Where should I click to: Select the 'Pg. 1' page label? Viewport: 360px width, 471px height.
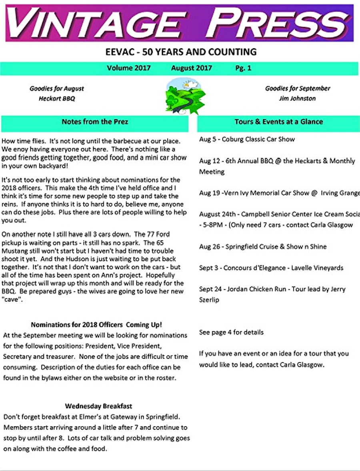(x=243, y=68)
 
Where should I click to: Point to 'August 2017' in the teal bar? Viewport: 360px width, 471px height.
(x=192, y=68)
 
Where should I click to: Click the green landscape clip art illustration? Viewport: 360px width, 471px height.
(x=185, y=96)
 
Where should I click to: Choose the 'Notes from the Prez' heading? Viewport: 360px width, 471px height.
(x=95, y=122)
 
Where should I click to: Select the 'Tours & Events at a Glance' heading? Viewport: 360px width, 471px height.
(x=278, y=122)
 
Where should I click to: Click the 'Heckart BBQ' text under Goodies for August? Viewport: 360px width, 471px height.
(x=57, y=98)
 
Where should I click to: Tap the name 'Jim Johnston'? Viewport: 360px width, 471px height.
(x=297, y=98)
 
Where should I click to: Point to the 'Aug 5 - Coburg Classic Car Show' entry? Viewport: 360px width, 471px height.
(x=247, y=140)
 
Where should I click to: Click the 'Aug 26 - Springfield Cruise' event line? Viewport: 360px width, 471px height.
(x=263, y=247)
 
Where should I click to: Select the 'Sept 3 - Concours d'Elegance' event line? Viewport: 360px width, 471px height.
(x=271, y=268)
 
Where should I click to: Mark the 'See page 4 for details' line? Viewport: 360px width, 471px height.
(x=231, y=332)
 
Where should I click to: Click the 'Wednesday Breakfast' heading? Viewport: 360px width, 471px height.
(x=98, y=406)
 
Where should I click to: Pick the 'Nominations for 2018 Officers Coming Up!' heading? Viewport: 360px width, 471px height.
(x=96, y=325)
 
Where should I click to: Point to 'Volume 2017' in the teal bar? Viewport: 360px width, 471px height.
(x=129, y=68)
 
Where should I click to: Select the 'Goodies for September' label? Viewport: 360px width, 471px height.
(x=298, y=88)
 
